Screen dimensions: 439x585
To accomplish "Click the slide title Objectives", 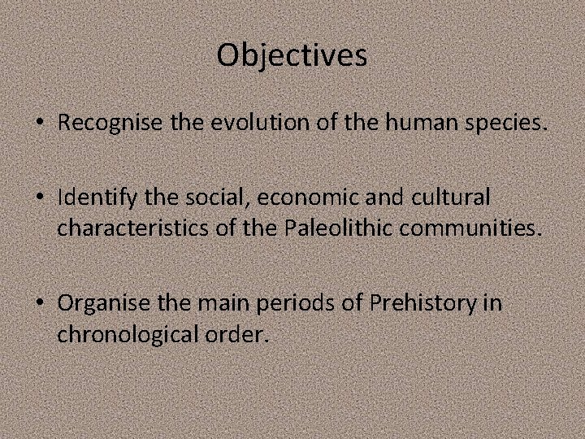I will coord(292,55).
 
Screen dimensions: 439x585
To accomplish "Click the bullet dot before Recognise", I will coord(40,124).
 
